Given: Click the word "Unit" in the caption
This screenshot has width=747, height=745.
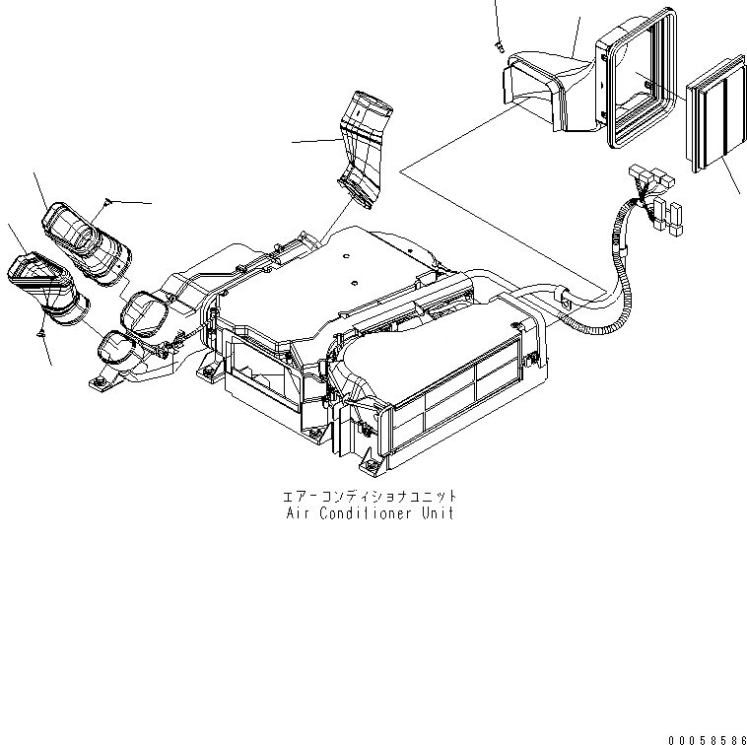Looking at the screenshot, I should tap(438, 514).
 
